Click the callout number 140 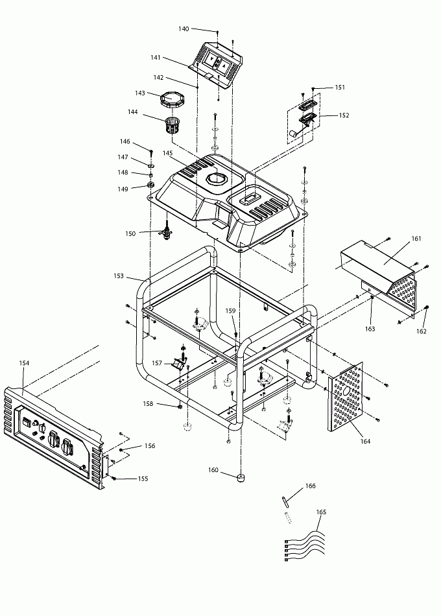point(184,29)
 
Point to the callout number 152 point(344,115)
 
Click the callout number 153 point(119,276)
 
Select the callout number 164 point(365,441)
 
